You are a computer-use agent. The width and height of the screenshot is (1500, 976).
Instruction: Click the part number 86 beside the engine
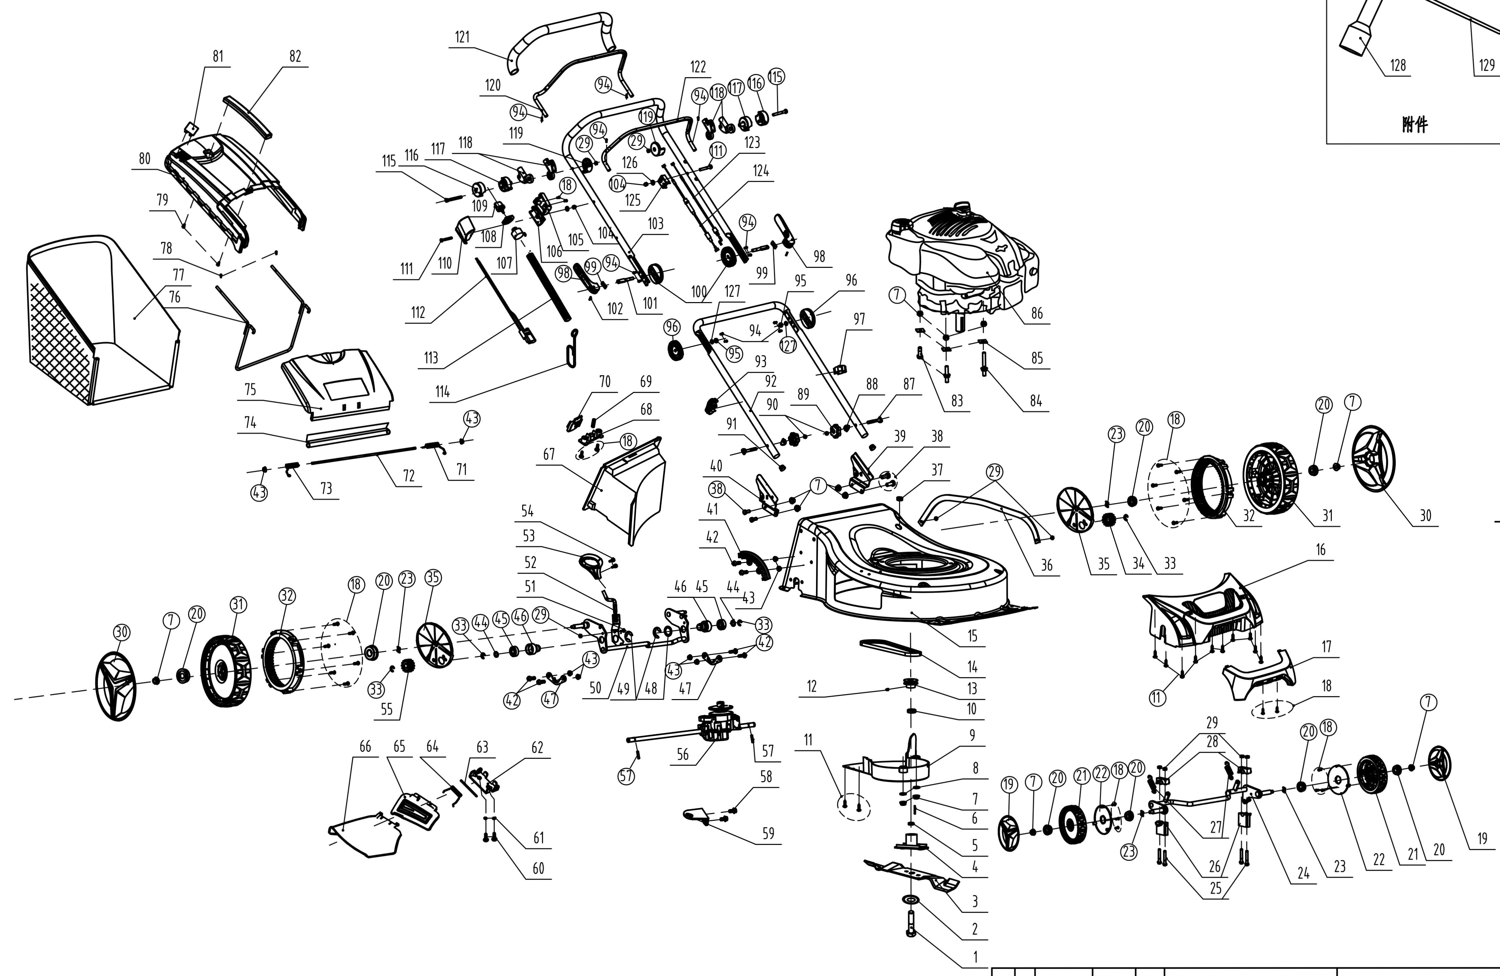[x=1037, y=313]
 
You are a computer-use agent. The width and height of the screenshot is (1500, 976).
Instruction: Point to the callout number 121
[x=462, y=37]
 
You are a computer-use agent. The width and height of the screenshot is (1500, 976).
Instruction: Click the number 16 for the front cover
[x=1320, y=550]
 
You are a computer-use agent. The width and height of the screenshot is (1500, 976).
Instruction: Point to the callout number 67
[x=549, y=455]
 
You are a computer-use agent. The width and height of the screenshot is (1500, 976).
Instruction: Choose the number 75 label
[x=250, y=390]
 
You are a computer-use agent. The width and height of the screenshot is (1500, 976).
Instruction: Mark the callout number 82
[x=295, y=56]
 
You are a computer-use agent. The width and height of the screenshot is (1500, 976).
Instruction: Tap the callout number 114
[x=442, y=392]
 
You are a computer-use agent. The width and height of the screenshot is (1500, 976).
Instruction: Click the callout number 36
[x=1046, y=565]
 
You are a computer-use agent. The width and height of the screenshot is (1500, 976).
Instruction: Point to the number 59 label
[x=768, y=834]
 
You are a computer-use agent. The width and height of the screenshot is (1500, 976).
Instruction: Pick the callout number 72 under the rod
[x=409, y=476]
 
